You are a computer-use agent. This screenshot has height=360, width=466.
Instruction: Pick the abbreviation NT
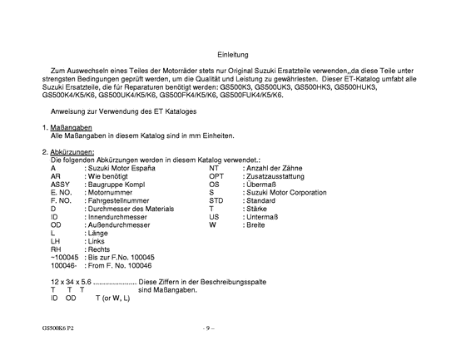tap(214, 168)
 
